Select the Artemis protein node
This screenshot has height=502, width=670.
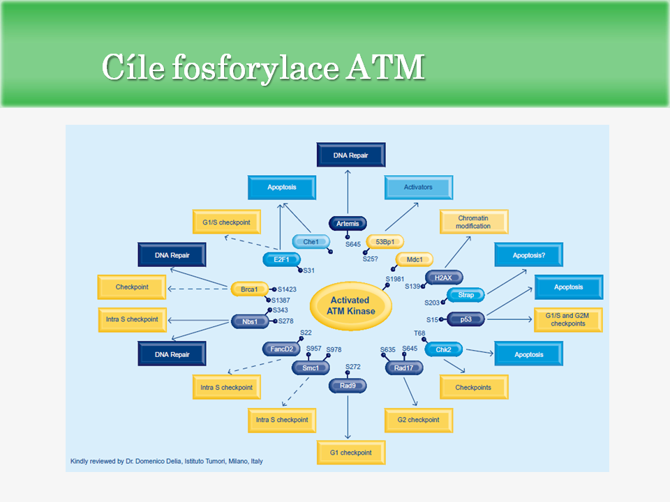point(348,224)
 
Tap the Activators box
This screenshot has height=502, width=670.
point(418,188)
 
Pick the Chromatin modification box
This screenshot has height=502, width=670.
point(474,222)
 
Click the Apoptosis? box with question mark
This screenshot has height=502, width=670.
point(528,255)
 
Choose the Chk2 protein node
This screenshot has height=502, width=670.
point(444,350)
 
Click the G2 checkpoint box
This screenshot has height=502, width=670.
point(419,420)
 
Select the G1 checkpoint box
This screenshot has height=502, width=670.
point(351,452)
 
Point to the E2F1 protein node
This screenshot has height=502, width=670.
point(280,260)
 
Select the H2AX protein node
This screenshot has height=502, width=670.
point(443,278)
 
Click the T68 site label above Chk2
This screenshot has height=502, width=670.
point(419,333)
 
